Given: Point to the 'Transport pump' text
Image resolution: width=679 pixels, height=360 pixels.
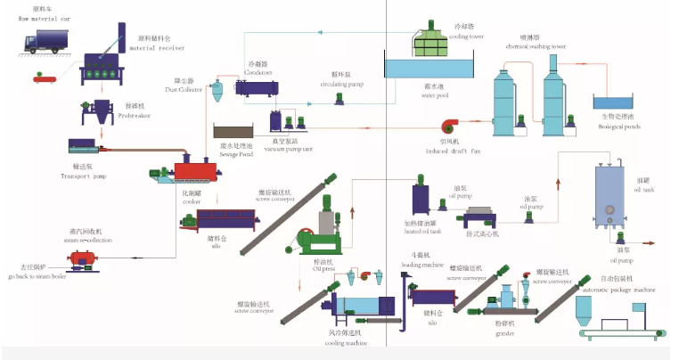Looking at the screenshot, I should [87, 176].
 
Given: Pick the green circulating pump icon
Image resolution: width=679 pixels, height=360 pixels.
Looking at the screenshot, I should [338, 98].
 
